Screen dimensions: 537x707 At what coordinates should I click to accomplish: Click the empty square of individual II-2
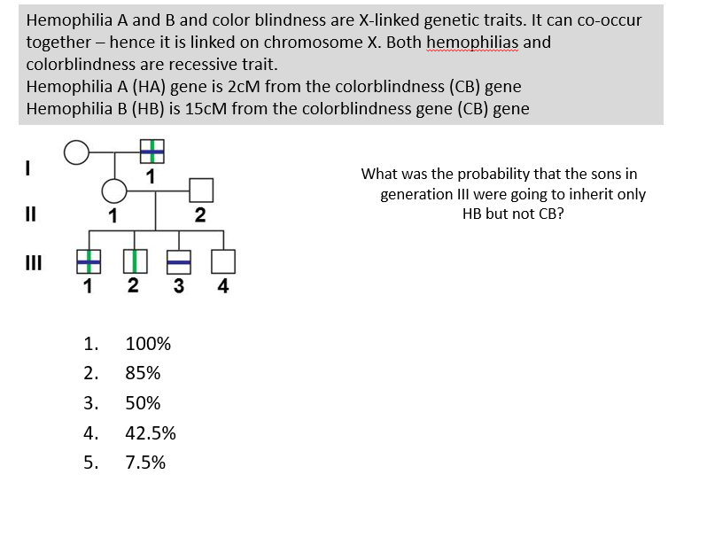[x=201, y=190]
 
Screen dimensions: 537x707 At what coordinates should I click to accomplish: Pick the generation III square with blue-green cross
[x=87, y=261]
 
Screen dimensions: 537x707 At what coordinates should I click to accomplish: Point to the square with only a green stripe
[x=134, y=261]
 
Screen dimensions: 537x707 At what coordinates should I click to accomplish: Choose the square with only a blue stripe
[x=179, y=261]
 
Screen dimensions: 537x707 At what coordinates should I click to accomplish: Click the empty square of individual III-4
[x=223, y=261]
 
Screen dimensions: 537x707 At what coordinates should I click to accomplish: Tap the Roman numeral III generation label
[x=33, y=261]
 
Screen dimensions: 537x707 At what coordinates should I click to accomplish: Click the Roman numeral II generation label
[x=30, y=213]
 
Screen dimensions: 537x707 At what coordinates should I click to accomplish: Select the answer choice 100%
[x=148, y=344]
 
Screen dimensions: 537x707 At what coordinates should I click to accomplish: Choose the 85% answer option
[x=143, y=373]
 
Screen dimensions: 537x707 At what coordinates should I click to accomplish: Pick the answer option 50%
[x=143, y=403]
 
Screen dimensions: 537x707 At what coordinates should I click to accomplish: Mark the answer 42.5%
[x=151, y=433]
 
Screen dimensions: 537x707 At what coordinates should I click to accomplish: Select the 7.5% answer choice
[x=145, y=463]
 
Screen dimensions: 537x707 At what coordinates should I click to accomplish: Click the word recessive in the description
[x=197, y=65]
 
